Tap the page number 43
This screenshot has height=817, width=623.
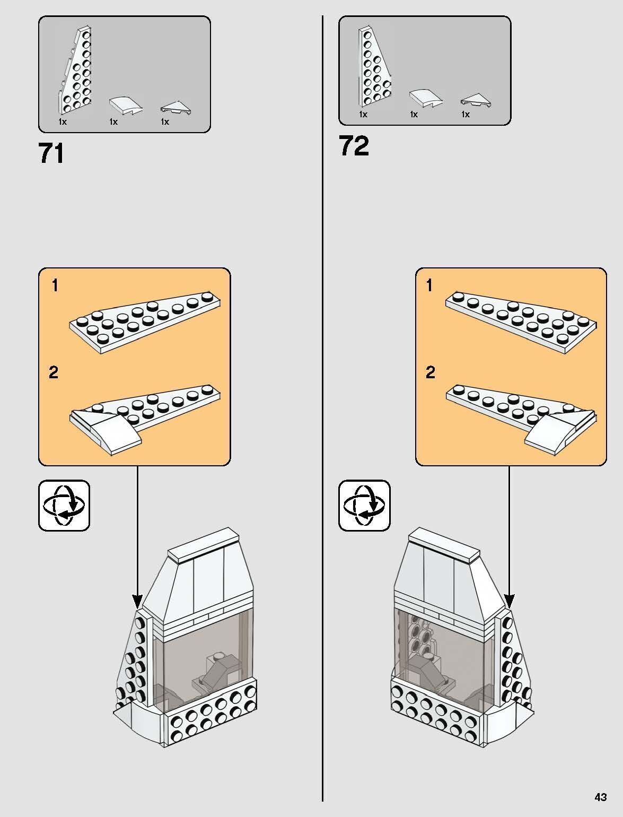[601, 797]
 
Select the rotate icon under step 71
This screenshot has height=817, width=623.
[64, 505]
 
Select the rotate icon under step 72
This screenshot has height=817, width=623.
[364, 505]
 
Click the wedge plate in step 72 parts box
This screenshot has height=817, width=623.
[374, 67]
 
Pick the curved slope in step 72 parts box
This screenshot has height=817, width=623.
[426, 98]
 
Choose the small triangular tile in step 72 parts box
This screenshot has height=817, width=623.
[476, 100]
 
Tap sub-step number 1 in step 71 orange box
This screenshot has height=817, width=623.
[55, 285]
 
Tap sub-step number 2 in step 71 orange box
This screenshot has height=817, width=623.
[54, 372]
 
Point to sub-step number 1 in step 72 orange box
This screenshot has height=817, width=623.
[429, 285]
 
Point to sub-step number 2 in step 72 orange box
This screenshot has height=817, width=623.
[431, 372]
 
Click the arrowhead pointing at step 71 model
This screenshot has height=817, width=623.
[137, 601]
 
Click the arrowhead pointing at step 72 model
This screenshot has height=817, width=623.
[509, 601]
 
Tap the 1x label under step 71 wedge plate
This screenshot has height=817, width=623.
[63, 121]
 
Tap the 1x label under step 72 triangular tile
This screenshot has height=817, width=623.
[466, 114]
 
